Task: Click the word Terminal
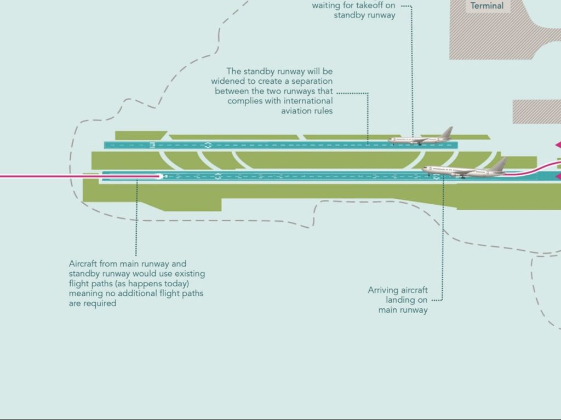click(x=486, y=6)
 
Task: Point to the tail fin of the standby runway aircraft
click(x=447, y=133)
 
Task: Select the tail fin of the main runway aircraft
click(x=499, y=164)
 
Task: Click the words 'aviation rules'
click(x=307, y=111)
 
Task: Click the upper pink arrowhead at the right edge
click(x=558, y=145)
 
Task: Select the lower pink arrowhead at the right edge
click(x=558, y=177)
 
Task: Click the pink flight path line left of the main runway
click(x=44, y=176)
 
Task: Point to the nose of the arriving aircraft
click(x=423, y=170)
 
